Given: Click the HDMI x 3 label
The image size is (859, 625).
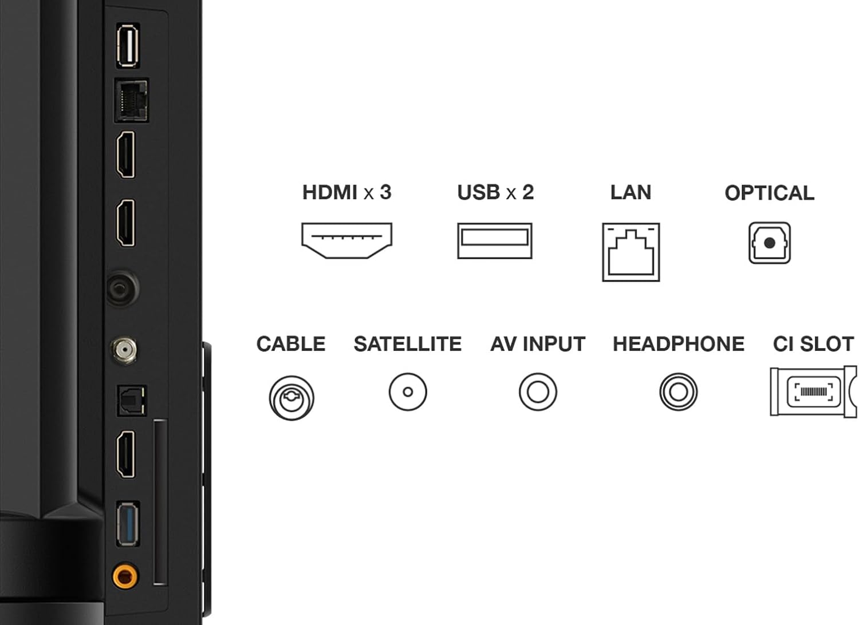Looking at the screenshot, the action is point(346,192).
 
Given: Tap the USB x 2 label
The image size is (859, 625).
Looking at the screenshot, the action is point(495,192).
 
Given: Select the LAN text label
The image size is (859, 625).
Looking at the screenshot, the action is point(631,192).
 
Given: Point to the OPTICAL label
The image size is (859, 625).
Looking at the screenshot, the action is point(769,193).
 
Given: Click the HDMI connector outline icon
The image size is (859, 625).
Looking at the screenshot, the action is point(346,240).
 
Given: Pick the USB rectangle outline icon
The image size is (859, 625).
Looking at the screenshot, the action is point(495,240).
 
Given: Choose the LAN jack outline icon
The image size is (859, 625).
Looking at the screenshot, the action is point(631,252).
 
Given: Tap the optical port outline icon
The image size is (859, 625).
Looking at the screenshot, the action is point(769,243).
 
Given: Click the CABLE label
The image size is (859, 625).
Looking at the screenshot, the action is point(291,344).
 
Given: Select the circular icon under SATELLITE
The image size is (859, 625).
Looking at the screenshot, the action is point(408,392).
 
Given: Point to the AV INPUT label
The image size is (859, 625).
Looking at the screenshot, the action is point(538,344).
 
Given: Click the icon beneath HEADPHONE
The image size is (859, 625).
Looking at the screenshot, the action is point(679,392).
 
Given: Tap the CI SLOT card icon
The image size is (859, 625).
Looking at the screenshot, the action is point(814,391).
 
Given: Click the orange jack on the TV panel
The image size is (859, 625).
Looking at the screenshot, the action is point(125,576).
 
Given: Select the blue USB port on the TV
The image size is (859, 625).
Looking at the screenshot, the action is point(128,524).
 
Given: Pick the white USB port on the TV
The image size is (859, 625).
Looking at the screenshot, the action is point(128,45).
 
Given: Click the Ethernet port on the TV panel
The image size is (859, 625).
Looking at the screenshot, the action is point(132,100).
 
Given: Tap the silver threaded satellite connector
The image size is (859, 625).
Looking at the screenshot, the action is point(124,350).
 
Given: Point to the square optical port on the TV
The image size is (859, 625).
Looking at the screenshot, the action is point(132,401).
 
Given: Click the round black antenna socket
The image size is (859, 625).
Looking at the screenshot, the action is point(122,288).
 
